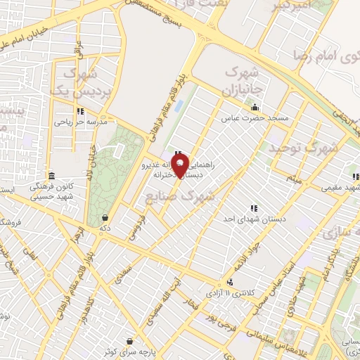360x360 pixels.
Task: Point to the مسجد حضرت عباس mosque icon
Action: point(255,108)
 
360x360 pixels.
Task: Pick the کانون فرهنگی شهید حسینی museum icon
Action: point(51,176)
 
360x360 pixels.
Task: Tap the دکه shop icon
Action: point(105,217)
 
